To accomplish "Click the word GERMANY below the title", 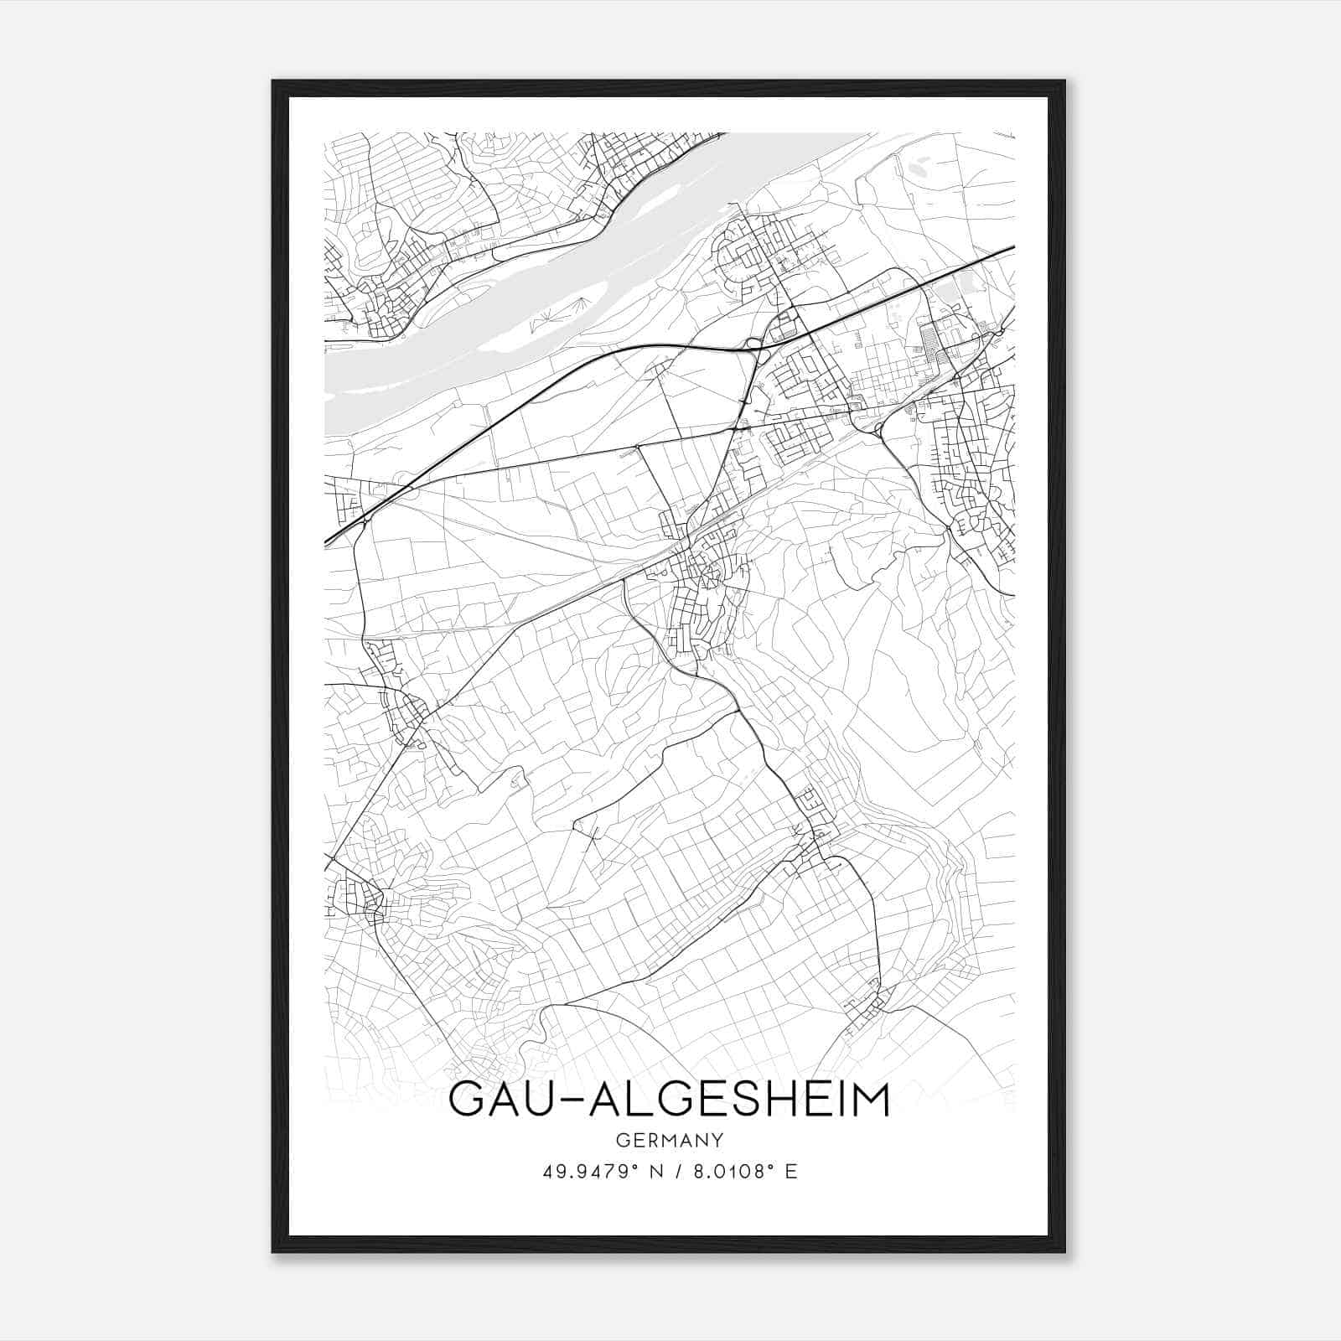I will pos(670,1140).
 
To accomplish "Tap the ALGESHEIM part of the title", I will pos(738,1100).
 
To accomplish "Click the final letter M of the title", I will pos(868,1100).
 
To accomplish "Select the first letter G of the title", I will pos(467,1100).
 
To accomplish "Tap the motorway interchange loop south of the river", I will pos(752,343).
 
